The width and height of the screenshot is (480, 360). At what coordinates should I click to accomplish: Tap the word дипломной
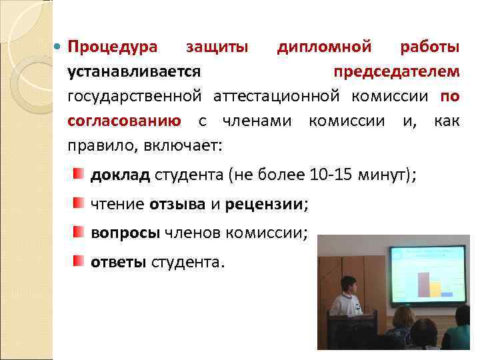(324, 47)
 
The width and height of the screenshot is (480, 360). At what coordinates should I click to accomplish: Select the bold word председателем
(396, 71)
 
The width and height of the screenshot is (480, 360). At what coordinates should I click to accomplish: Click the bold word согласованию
(123, 121)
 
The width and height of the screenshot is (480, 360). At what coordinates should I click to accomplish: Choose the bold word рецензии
(264, 204)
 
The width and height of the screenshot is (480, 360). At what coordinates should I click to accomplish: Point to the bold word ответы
(119, 261)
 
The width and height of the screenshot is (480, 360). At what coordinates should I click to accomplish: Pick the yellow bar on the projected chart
(435, 289)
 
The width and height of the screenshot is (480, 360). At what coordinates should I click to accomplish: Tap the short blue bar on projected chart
(447, 294)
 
